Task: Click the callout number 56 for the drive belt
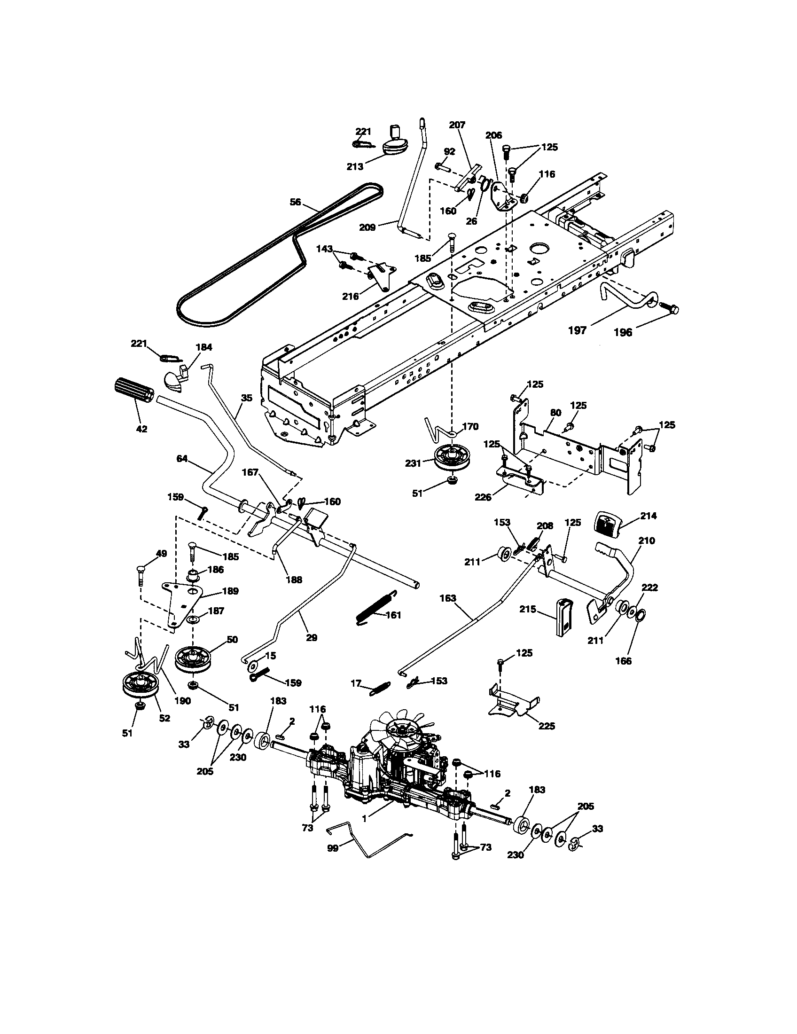point(295,202)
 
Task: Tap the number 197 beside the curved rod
point(577,330)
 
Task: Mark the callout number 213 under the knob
point(355,166)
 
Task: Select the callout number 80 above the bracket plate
point(555,412)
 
